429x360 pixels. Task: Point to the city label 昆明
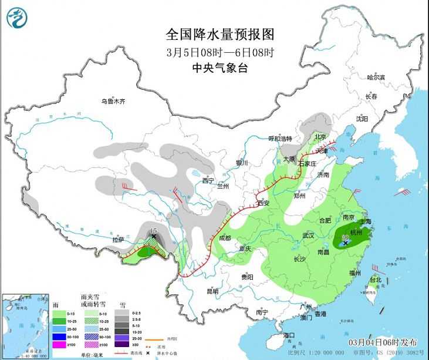212,291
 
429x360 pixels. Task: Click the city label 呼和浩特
280,139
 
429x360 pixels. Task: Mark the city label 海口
288,335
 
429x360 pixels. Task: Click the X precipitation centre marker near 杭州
345,241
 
